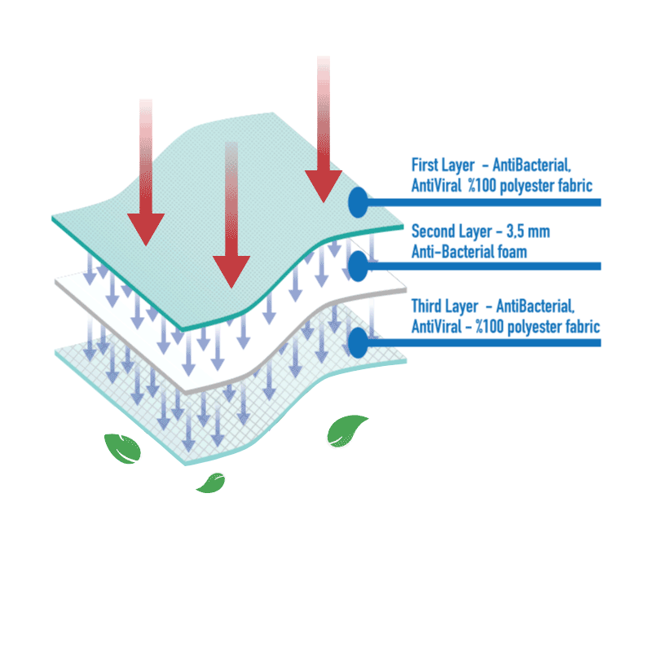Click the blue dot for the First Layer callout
point(357,202)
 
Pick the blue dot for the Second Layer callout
point(357,265)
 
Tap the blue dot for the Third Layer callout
point(357,341)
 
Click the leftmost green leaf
point(122,448)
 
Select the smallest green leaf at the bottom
point(210,482)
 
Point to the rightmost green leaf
point(346,430)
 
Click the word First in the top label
point(425,165)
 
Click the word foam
point(509,251)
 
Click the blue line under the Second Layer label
point(489,266)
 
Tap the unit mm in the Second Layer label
point(540,231)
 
